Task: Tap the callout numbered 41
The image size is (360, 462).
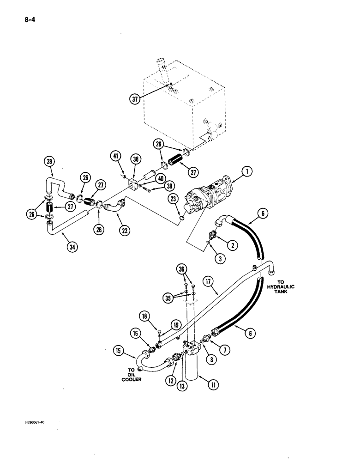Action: click(116, 158)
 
